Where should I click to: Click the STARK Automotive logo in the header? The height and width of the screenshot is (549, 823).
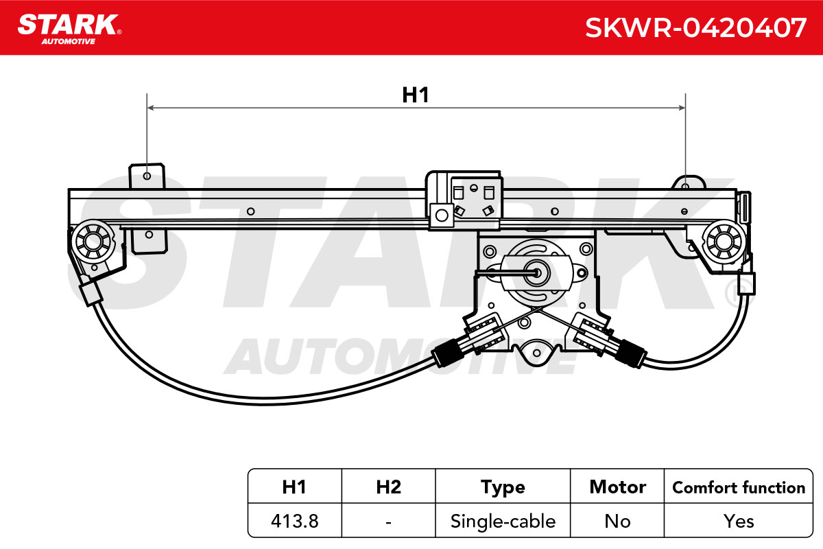coord(69,29)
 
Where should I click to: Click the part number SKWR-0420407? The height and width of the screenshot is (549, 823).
coord(695,27)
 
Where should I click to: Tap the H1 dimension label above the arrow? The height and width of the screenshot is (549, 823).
coord(416,95)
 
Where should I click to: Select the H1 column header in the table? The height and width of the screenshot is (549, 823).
coord(294,487)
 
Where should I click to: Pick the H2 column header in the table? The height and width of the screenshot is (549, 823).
coord(389,487)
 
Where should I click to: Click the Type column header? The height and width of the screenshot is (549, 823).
coord(503,488)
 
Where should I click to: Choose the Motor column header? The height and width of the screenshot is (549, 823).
coord(618,487)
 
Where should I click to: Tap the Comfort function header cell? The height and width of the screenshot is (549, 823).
coord(739,487)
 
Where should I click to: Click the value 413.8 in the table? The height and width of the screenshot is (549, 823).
coord(295,521)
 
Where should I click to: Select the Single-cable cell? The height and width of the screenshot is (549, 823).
coord(503,522)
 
